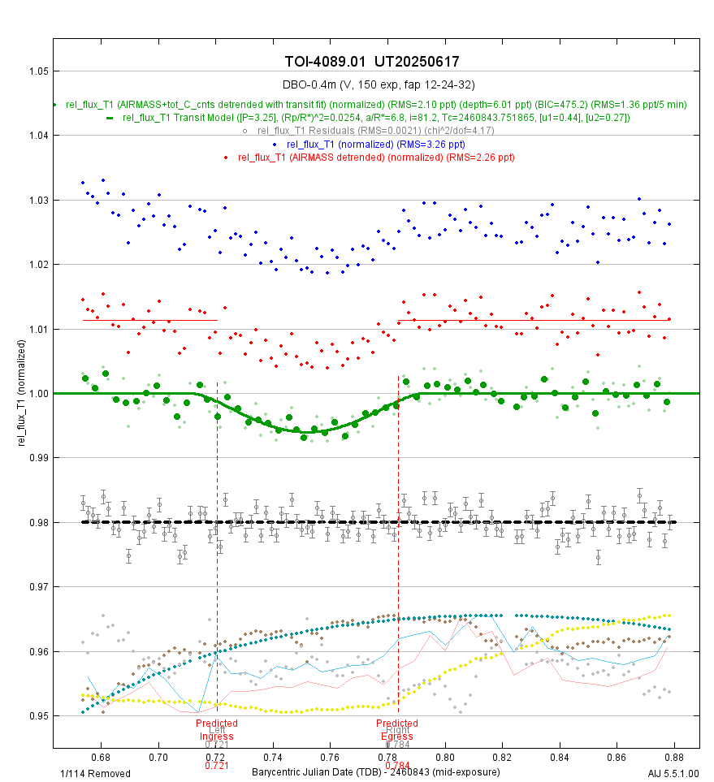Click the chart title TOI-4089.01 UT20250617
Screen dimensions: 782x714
[377, 63]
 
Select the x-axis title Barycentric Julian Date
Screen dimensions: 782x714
[376, 771]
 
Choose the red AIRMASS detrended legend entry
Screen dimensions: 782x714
[376, 157]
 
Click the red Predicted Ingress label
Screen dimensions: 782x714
[217, 730]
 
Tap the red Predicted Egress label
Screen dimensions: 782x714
[397, 730]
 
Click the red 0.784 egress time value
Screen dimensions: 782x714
[397, 765]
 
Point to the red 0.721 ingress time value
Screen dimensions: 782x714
[217, 765]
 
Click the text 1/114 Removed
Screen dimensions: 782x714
[95, 773]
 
